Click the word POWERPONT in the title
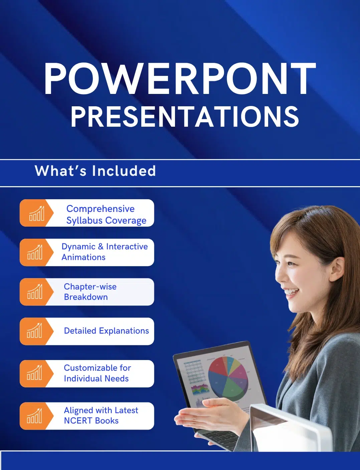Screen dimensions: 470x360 click(x=180, y=79)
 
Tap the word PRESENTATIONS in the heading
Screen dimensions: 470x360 click(x=184, y=117)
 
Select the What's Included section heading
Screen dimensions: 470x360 click(x=95, y=171)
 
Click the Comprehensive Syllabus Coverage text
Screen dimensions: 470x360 click(x=106, y=214)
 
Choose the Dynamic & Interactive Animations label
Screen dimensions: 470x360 click(x=105, y=252)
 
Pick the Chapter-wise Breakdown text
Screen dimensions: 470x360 click(x=90, y=291)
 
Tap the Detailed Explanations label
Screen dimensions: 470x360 click(x=106, y=331)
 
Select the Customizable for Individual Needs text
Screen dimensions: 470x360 click(x=97, y=373)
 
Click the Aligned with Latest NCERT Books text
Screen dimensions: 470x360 click(x=101, y=415)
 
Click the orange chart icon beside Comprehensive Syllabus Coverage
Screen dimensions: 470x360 click(x=36, y=213)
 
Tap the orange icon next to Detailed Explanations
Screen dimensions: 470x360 click(x=34, y=331)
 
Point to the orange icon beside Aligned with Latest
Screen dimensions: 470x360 click(x=34, y=416)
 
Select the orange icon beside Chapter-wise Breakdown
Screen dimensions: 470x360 click(x=34, y=291)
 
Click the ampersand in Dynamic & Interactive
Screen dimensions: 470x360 click(x=101, y=247)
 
